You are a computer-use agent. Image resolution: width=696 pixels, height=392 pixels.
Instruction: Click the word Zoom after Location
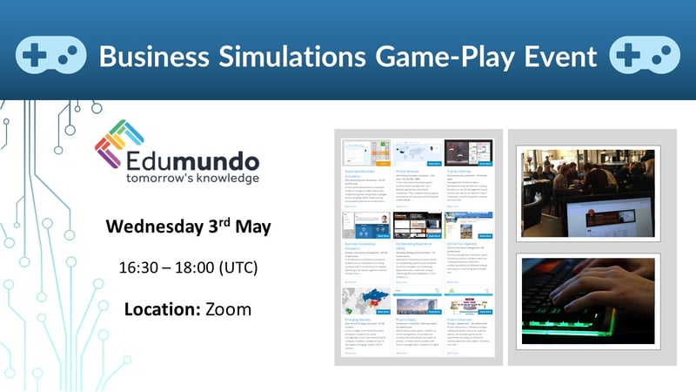228,308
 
